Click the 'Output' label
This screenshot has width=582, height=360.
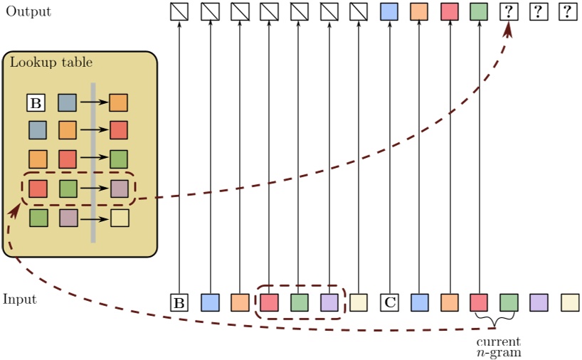pyautogui.click(x=28, y=11)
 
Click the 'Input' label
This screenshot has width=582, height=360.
pyautogui.click(x=20, y=300)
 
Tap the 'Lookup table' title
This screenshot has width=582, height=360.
pyautogui.click(x=51, y=63)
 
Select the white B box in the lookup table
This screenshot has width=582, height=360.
pyautogui.click(x=36, y=103)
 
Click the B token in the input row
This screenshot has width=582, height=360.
pyautogui.click(x=179, y=303)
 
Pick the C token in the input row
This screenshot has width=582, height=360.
pyautogui.click(x=389, y=303)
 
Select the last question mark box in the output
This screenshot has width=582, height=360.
pyautogui.click(x=568, y=11)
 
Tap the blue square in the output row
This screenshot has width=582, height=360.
pyautogui.click(x=389, y=11)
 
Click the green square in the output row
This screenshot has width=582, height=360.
pyautogui.click(x=479, y=11)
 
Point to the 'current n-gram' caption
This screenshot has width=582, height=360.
pyautogui.click(x=498, y=346)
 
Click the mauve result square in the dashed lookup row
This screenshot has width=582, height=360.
pyautogui.click(x=119, y=189)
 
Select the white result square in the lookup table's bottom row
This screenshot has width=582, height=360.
pyautogui.click(x=119, y=218)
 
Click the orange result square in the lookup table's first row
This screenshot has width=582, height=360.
pyautogui.click(x=118, y=103)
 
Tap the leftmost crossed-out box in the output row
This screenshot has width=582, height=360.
pyautogui.click(x=179, y=11)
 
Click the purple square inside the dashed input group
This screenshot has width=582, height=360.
pyautogui.click(x=329, y=303)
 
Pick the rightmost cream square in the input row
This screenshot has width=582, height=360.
pyautogui.click(x=569, y=303)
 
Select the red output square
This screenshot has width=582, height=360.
pyautogui.click(x=449, y=11)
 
